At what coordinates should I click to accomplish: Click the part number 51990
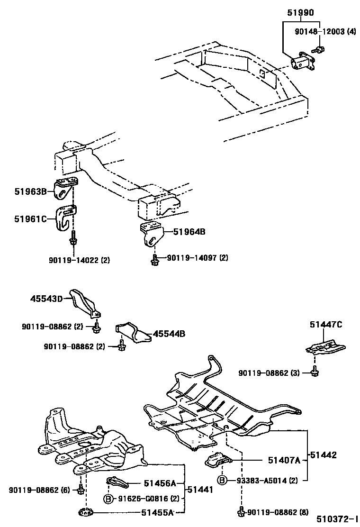[x=300, y=13]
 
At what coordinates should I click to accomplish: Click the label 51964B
[x=189, y=232]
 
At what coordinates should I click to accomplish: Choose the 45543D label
[x=46, y=299]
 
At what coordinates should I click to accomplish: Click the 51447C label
[x=326, y=325]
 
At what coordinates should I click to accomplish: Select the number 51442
[x=323, y=455]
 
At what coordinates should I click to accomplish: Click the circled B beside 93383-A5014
[x=222, y=480]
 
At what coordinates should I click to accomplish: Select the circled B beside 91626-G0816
[x=108, y=499]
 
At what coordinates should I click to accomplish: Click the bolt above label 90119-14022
[x=73, y=240]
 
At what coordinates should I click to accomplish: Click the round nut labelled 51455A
[x=85, y=512]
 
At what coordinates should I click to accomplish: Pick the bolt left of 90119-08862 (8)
[x=241, y=512]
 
